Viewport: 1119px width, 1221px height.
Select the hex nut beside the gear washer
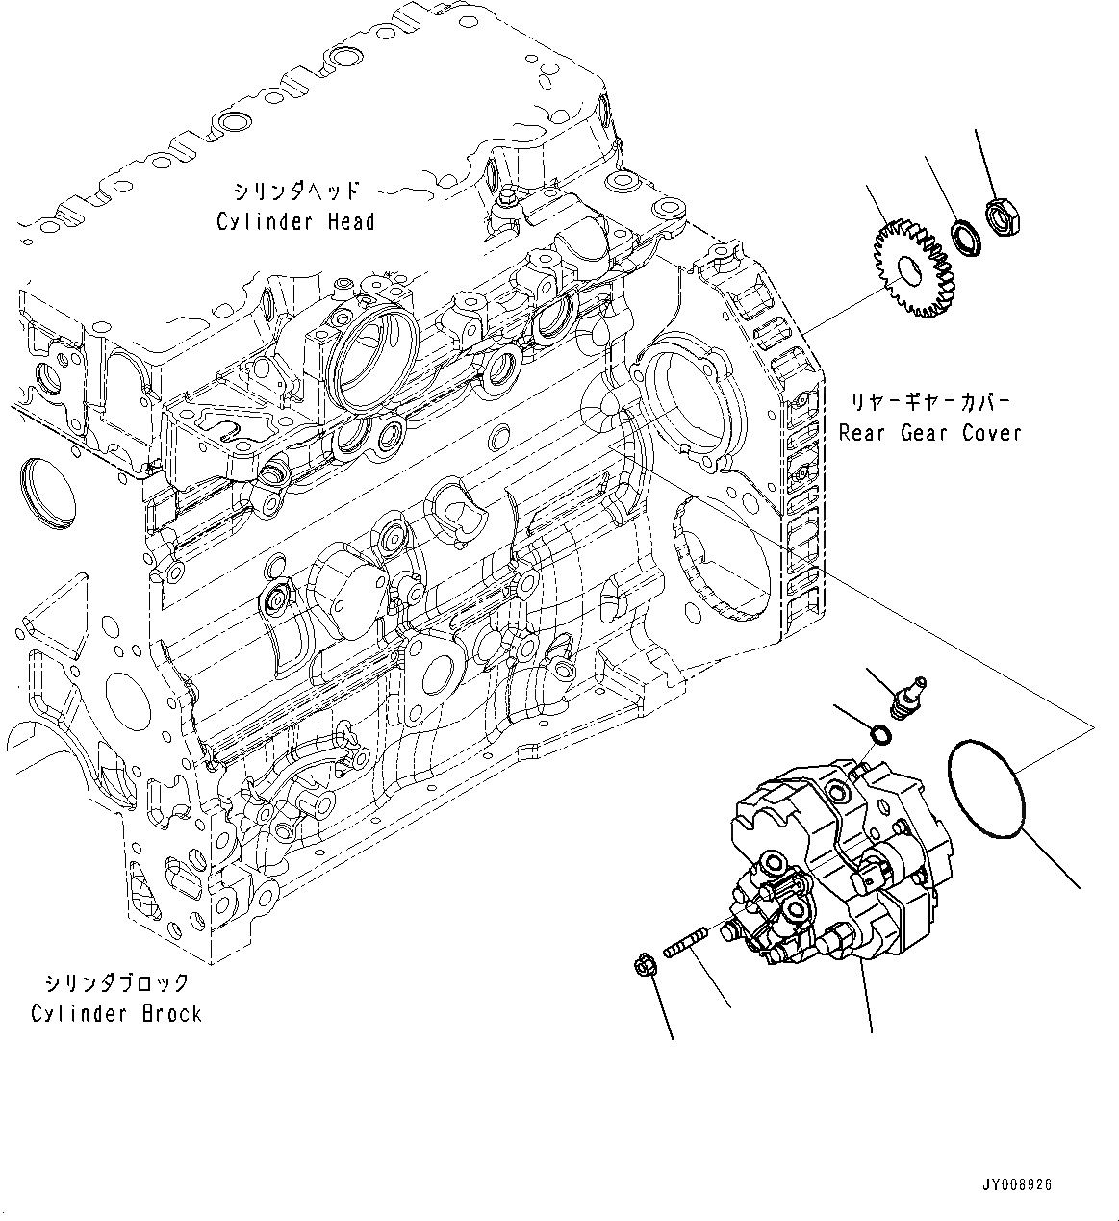[x=1003, y=218]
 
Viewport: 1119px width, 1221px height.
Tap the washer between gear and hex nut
[x=964, y=238]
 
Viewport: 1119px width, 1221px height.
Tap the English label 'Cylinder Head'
[x=295, y=222]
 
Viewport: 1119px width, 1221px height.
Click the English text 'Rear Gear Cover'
[x=928, y=433]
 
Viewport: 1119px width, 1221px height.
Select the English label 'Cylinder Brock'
[x=116, y=1013]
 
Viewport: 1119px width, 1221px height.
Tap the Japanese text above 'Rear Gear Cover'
[x=928, y=400]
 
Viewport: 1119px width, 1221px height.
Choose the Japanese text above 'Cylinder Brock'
[x=116, y=982]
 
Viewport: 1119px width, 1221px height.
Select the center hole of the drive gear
[x=905, y=272]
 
